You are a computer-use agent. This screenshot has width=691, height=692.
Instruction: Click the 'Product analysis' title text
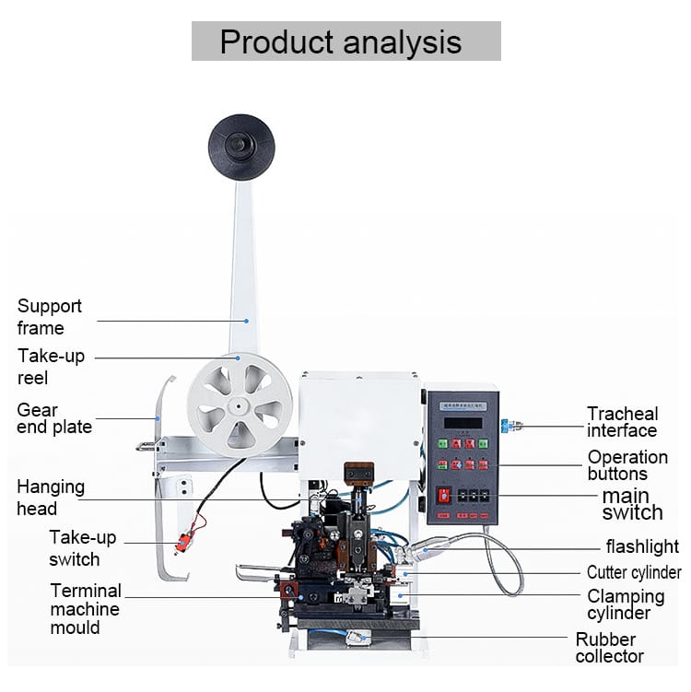tap(345, 41)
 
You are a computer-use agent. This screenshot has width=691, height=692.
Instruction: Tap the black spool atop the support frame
tap(241, 147)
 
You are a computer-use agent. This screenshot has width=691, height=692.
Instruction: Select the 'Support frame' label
tap(49, 317)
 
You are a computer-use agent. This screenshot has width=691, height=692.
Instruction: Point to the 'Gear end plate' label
tap(54, 418)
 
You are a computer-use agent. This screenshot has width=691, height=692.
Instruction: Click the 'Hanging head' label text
tap(51, 498)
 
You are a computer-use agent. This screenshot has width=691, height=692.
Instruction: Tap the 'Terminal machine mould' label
tap(86, 609)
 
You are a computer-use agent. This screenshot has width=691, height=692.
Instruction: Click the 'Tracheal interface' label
tap(623, 422)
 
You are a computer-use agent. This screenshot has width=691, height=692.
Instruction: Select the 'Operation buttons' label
tap(627, 465)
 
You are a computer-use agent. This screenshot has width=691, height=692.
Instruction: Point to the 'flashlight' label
tap(641, 547)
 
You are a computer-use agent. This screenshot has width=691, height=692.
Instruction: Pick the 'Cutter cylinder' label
tap(634, 573)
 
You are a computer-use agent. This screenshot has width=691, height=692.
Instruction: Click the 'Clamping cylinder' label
tap(626, 604)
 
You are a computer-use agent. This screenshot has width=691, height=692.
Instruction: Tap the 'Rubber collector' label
tap(609, 648)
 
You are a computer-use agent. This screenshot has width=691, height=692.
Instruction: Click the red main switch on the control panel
tap(444, 495)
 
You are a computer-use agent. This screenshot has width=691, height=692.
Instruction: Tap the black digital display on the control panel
tap(462, 423)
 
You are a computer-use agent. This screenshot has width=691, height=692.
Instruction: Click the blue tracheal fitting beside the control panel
tap(505, 427)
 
